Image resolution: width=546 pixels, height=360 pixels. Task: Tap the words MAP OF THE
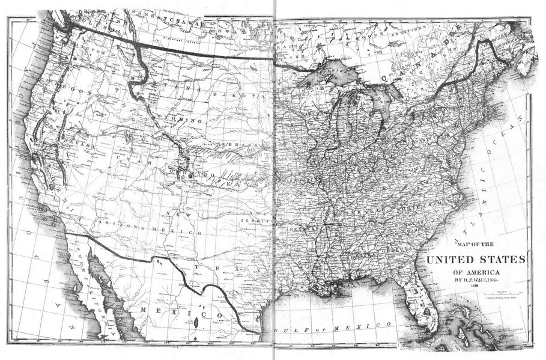(x=475, y=244)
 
